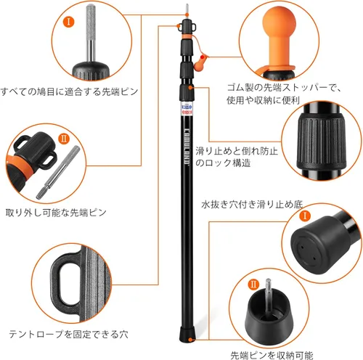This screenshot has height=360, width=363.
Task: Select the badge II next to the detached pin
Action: click(x=64, y=139)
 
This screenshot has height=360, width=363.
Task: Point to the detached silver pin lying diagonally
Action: click(x=57, y=172)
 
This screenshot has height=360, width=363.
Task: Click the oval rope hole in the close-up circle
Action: click(x=66, y=283)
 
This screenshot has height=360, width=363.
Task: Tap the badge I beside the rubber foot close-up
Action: click(x=305, y=216)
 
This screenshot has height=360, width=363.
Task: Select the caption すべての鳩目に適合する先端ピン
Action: click(x=70, y=92)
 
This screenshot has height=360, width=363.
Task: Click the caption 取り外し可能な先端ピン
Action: click(x=56, y=213)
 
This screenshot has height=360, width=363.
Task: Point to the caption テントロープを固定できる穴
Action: click(x=68, y=334)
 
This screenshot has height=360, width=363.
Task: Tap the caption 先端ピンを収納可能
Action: click(x=272, y=355)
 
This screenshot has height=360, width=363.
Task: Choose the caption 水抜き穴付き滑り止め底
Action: click(x=252, y=205)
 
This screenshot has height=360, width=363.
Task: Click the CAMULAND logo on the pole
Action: click(x=187, y=144)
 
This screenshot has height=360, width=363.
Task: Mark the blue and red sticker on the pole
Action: click(x=187, y=109)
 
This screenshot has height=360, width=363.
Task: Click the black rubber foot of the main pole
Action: click(x=187, y=335)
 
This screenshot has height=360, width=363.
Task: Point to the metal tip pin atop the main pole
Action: click(x=187, y=10)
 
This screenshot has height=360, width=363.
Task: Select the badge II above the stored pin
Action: click(x=253, y=284)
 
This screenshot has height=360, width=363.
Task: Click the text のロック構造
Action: click(x=223, y=163)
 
